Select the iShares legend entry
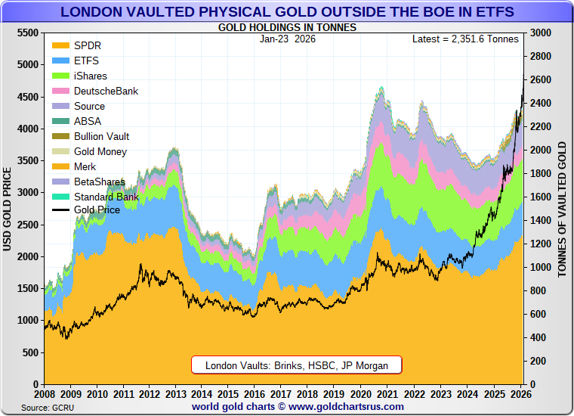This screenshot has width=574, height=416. [x=90, y=76]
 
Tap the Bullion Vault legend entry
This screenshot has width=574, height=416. [x=101, y=137]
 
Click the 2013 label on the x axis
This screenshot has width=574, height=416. [x=175, y=394]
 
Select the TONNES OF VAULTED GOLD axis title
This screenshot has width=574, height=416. [x=563, y=209]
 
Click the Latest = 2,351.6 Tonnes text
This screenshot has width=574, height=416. [x=465, y=39]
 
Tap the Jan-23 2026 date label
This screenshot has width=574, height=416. [x=287, y=39]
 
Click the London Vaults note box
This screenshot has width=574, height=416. [x=297, y=365]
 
